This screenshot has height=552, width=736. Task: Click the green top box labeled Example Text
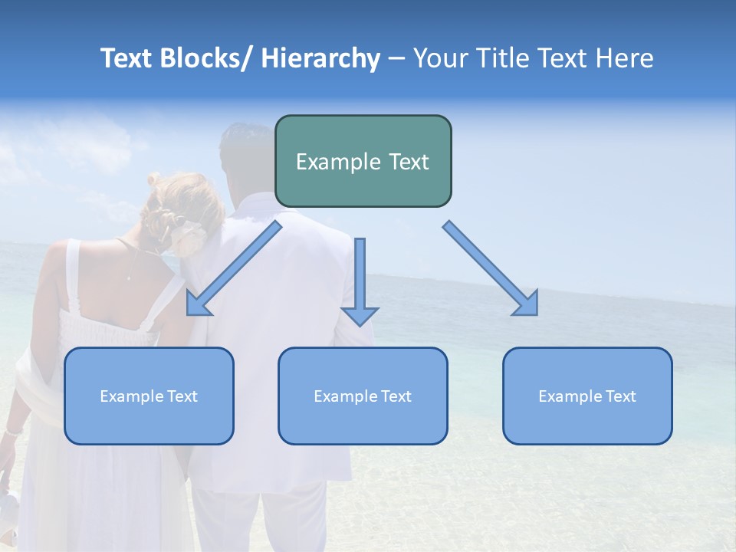[363, 161]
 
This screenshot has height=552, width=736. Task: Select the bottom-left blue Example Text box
[149, 396]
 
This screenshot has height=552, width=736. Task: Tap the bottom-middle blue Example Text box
[363, 396]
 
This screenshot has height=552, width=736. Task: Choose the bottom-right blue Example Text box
[587, 396]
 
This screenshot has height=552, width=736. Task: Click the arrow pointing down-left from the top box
[234, 268]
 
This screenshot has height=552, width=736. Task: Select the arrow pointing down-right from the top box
[491, 268]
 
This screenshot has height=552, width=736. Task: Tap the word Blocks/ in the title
[208, 58]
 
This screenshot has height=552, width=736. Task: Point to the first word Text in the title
[127, 58]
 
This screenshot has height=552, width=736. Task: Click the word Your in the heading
[441, 58]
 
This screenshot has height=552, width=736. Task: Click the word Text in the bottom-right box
[619, 396]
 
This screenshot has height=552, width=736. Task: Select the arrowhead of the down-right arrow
[528, 305]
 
